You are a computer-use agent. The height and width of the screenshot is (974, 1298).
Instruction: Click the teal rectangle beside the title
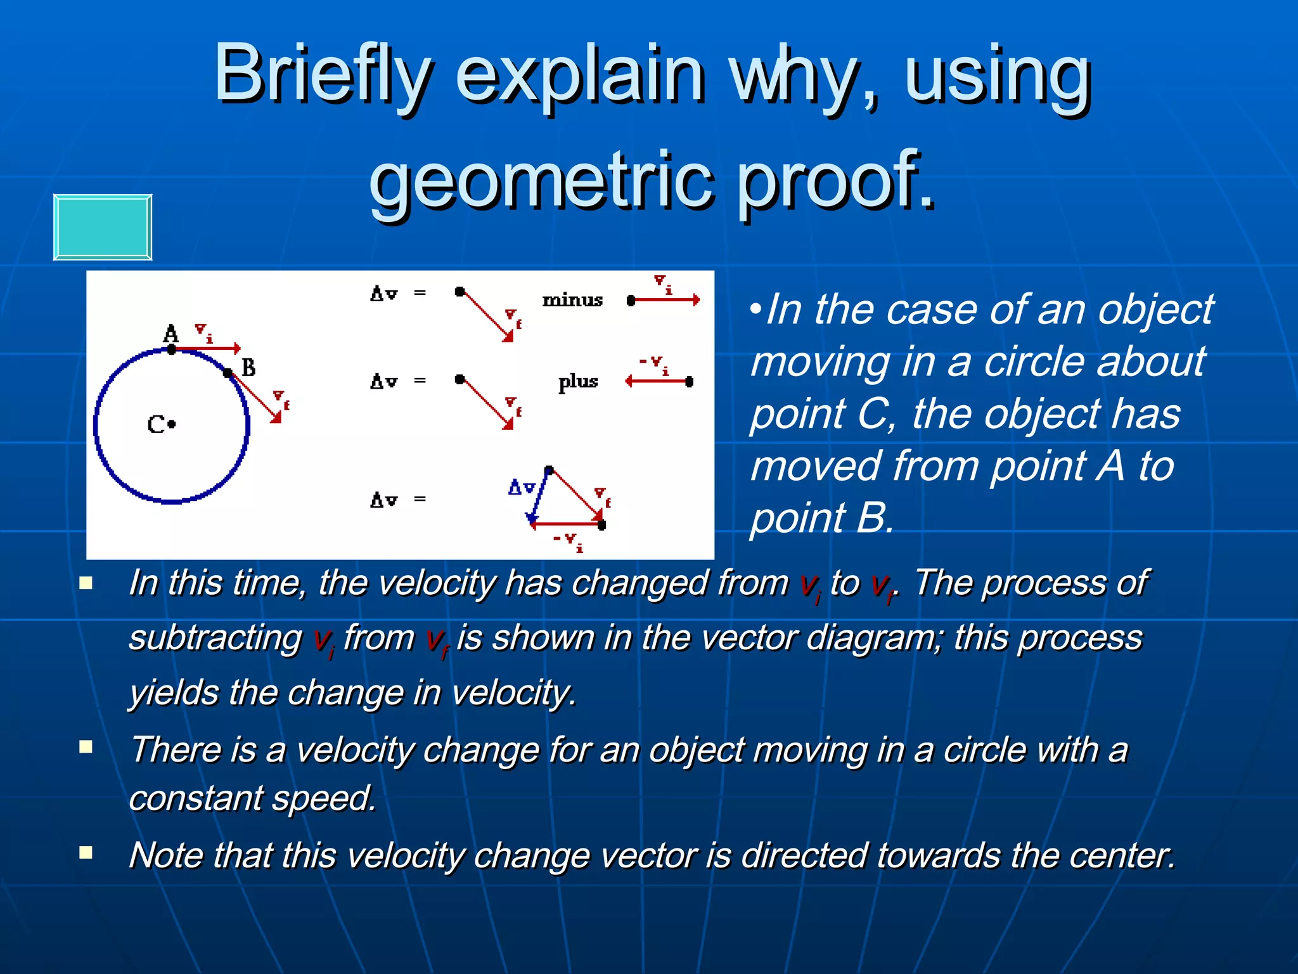click(x=102, y=227)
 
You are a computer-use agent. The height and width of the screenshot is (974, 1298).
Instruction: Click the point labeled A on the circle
click(x=172, y=349)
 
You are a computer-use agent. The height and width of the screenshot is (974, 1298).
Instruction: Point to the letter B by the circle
click(x=248, y=367)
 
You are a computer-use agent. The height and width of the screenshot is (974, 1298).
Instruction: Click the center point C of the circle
click(x=172, y=424)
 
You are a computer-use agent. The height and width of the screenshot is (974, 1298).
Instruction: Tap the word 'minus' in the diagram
click(x=572, y=299)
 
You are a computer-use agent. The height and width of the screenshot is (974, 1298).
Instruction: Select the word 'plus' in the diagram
click(x=577, y=382)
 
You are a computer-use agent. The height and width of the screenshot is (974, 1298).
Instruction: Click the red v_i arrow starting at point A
click(x=207, y=348)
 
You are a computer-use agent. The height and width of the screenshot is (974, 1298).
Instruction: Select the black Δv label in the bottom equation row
click(x=383, y=500)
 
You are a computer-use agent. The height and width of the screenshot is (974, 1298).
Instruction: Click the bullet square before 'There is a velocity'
click(x=86, y=747)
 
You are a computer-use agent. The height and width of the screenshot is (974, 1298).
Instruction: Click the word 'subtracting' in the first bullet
click(x=215, y=638)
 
